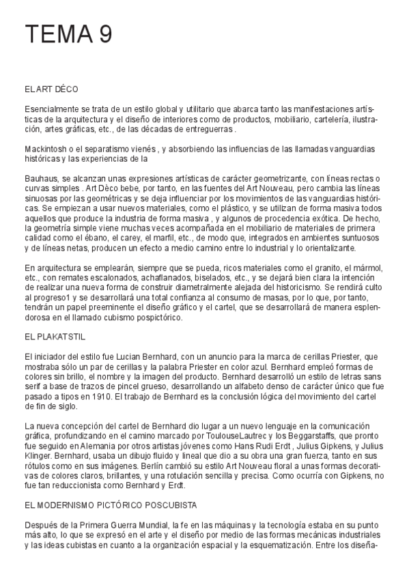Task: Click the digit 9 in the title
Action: [104, 34]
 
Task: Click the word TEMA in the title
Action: [57, 34]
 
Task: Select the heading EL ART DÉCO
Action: [51, 89]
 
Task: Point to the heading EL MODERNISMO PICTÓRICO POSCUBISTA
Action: [110, 505]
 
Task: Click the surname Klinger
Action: [38, 455]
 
